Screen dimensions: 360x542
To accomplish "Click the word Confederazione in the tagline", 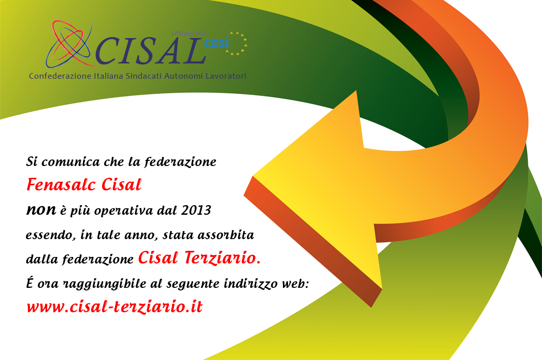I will [57, 76].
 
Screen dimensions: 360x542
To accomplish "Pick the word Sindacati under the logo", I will [136, 76].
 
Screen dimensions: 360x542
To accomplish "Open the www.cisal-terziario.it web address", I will [114, 307].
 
